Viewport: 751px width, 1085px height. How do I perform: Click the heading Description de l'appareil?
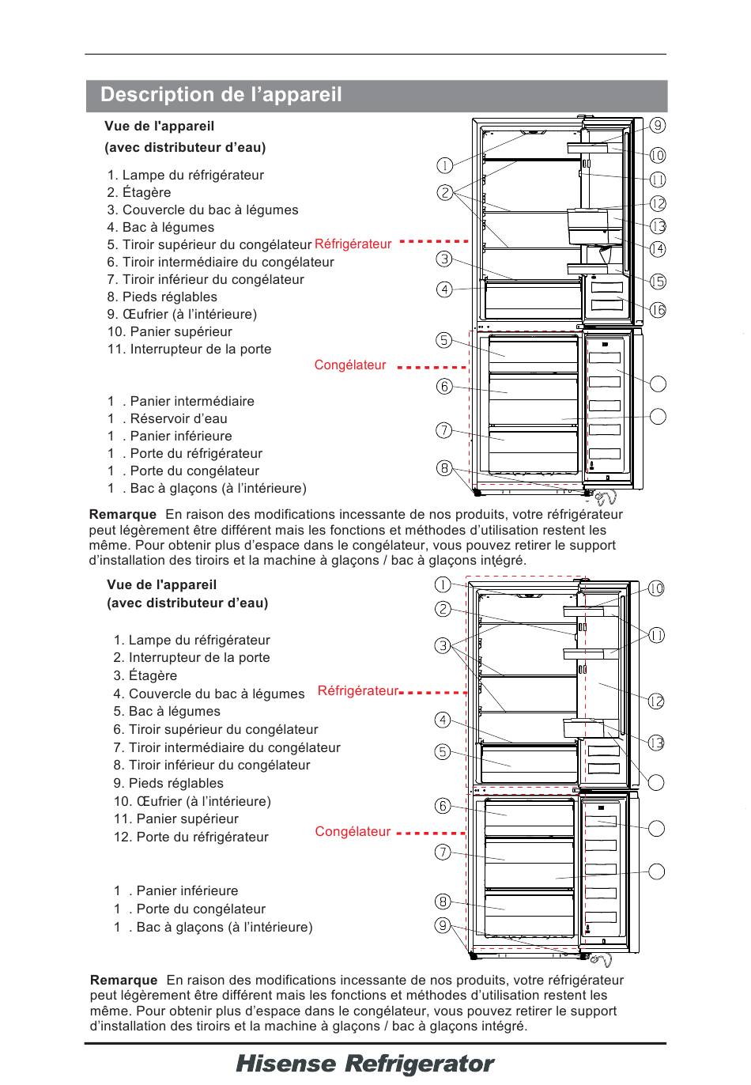[x=221, y=95]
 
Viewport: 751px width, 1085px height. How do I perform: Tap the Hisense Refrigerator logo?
[x=364, y=1064]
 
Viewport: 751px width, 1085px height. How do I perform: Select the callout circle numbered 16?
[x=658, y=310]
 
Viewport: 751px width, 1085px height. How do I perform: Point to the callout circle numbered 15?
[x=658, y=282]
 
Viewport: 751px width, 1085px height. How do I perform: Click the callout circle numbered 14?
[x=658, y=249]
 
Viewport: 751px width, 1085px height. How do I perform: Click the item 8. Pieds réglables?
[x=162, y=297]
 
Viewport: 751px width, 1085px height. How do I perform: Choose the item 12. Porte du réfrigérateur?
[x=191, y=837]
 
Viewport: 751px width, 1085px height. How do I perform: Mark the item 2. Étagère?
[x=139, y=193]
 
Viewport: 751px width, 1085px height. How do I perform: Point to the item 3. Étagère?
[x=145, y=676]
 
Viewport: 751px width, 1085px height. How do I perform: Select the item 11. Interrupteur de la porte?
[x=190, y=350]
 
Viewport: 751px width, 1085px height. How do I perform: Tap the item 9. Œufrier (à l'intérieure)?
[x=182, y=315]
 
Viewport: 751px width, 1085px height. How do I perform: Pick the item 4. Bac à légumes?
[x=160, y=228]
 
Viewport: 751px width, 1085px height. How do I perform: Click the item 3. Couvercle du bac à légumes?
[x=203, y=210]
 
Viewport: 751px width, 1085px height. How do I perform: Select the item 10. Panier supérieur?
[x=170, y=332]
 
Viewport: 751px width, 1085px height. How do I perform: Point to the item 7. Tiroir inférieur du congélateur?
[x=206, y=280]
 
